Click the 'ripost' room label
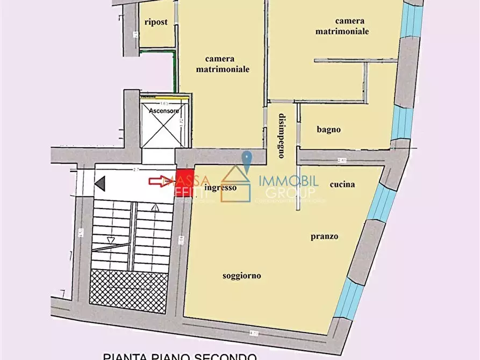point(156,22)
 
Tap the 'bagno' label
point(328,129)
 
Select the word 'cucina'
point(342,184)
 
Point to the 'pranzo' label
point(324,236)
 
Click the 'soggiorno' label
point(242,276)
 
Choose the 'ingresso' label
point(220,188)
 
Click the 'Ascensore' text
point(163,111)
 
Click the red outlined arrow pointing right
point(160,181)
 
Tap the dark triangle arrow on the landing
point(100,184)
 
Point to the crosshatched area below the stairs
point(128,291)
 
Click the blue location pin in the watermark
point(247,161)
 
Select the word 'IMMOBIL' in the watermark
point(289,182)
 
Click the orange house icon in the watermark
point(236,184)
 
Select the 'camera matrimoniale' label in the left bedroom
point(223,64)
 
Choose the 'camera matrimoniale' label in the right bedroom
point(352,26)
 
